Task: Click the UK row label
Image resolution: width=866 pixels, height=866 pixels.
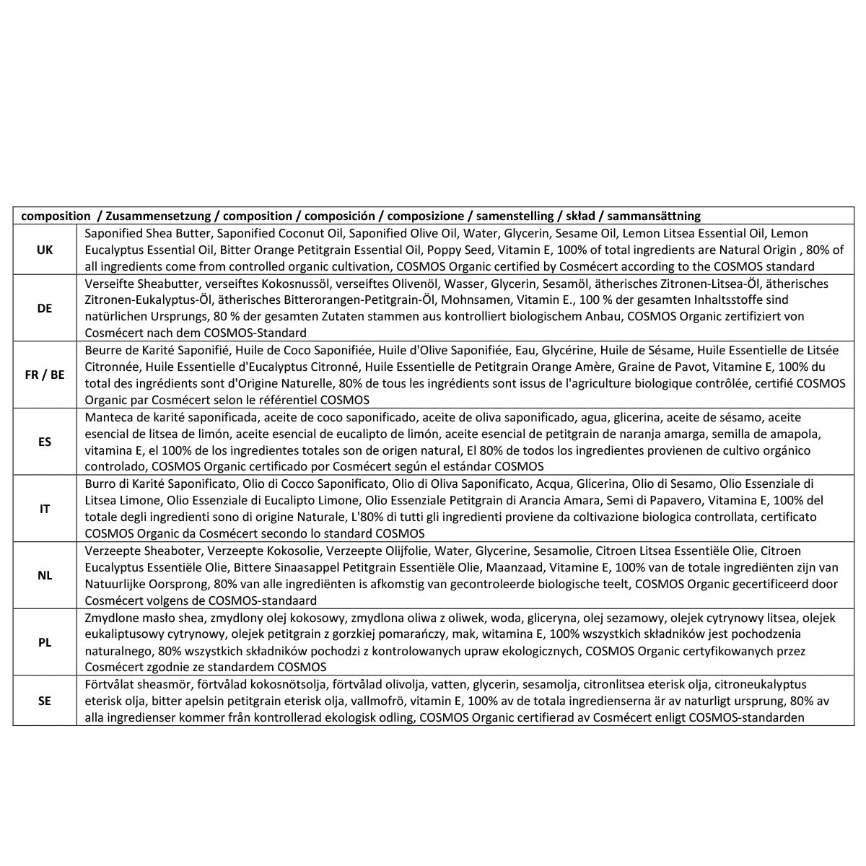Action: [x=45, y=250]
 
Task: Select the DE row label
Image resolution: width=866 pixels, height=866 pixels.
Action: [x=45, y=308]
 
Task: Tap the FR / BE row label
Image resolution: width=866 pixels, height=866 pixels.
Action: [x=45, y=375]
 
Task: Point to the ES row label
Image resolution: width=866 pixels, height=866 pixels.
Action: [x=45, y=442]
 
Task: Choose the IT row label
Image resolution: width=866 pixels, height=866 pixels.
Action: [x=45, y=509]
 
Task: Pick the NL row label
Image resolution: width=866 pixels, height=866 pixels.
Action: [x=45, y=575]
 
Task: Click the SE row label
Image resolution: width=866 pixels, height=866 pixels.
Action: [x=45, y=700]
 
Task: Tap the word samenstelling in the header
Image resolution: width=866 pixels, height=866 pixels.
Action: [x=513, y=216]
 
